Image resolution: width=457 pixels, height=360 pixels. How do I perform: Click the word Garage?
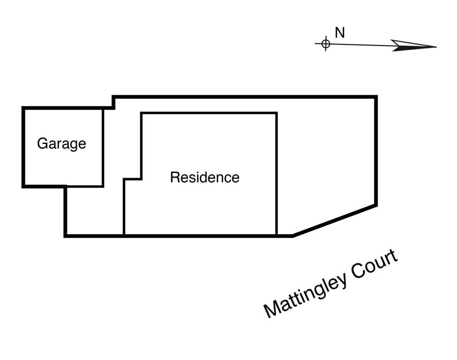[x=62, y=144]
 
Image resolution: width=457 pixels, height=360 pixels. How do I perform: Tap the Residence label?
[x=204, y=177]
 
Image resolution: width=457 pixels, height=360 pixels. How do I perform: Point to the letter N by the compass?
[x=339, y=33]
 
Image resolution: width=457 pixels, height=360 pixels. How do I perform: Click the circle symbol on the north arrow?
[x=325, y=43]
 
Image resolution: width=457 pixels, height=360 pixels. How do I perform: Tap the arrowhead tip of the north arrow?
[x=436, y=47]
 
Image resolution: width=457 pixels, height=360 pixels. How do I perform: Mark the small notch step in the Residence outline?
[x=141, y=179]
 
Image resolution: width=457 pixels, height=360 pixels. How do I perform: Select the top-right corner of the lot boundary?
[x=376, y=97]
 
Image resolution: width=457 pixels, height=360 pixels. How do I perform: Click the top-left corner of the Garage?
[x=24, y=108]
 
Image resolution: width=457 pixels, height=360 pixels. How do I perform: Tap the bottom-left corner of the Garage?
[x=24, y=186]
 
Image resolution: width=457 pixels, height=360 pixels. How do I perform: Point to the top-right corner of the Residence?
[x=277, y=113]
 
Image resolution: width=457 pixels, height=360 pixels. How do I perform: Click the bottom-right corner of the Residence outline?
[x=277, y=235]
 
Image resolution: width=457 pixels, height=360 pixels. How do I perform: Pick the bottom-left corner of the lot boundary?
[x=65, y=236]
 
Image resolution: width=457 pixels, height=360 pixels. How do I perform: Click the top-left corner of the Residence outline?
[x=141, y=113]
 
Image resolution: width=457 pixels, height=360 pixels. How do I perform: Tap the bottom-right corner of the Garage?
[x=103, y=186]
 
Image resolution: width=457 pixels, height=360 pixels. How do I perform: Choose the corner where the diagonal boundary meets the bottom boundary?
[x=293, y=236]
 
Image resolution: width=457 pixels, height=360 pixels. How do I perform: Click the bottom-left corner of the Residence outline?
[x=124, y=235]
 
